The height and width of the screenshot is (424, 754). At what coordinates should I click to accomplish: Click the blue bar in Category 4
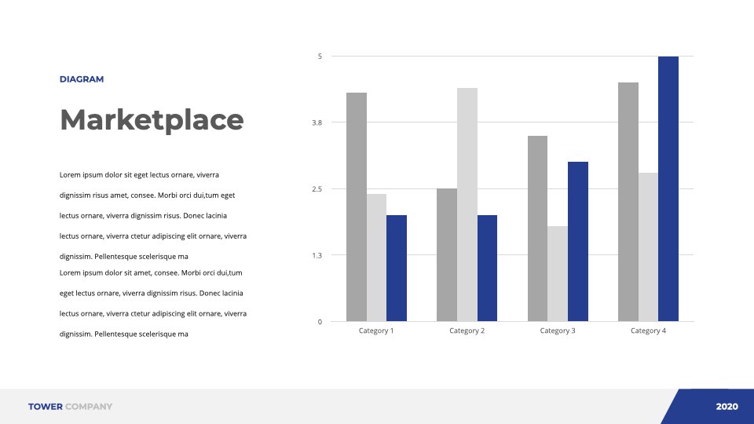[668, 189]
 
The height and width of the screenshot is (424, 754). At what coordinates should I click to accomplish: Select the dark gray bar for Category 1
[357, 207]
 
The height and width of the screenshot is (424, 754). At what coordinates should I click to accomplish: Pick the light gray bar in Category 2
[467, 204]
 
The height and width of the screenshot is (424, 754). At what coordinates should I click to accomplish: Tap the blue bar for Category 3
[578, 241]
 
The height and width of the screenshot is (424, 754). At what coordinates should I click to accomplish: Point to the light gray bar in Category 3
[558, 273]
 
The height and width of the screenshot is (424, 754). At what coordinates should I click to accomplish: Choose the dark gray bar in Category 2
[447, 254]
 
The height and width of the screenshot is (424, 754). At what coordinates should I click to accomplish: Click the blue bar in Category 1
[397, 269]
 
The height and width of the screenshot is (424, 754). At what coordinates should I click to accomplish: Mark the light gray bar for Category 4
[648, 247]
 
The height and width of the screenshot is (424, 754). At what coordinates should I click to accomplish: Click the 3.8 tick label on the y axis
[317, 122]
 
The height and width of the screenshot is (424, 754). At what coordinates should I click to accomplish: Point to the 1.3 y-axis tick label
[317, 255]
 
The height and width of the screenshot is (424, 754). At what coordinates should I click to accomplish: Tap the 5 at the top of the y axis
[320, 57]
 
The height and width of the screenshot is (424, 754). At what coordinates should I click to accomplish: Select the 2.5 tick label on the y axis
[317, 189]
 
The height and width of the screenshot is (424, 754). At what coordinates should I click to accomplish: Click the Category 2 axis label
[467, 331]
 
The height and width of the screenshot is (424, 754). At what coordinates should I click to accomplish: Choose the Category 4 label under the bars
[648, 331]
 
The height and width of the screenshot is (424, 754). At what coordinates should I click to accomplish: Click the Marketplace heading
[152, 119]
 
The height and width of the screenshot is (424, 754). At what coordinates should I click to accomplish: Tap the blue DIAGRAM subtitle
[82, 79]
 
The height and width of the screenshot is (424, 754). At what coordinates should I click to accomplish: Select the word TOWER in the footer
[46, 407]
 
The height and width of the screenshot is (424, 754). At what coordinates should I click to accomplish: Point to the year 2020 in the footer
[727, 407]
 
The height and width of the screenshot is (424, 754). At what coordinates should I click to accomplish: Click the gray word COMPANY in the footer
[89, 407]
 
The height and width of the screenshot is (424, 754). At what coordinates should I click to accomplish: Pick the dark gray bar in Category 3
[537, 228]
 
